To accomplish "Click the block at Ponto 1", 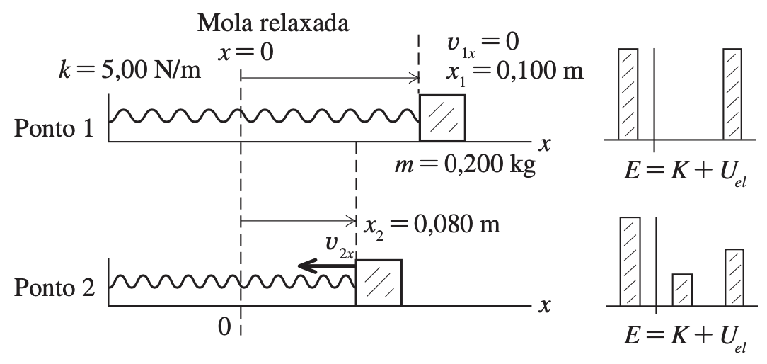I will click(x=442, y=117).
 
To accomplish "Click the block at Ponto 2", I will click(x=379, y=283).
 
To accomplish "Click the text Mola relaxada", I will click(x=273, y=23).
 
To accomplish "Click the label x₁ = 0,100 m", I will click(x=514, y=71).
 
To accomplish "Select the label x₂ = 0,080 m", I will click(x=432, y=225).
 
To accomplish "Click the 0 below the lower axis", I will click(x=224, y=326).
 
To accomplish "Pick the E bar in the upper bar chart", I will click(x=628, y=94).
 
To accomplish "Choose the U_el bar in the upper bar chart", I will click(x=732, y=94).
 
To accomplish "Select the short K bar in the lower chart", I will click(x=681, y=289).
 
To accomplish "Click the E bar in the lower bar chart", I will click(x=630, y=261).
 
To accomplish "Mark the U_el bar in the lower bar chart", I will click(x=734, y=277).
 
